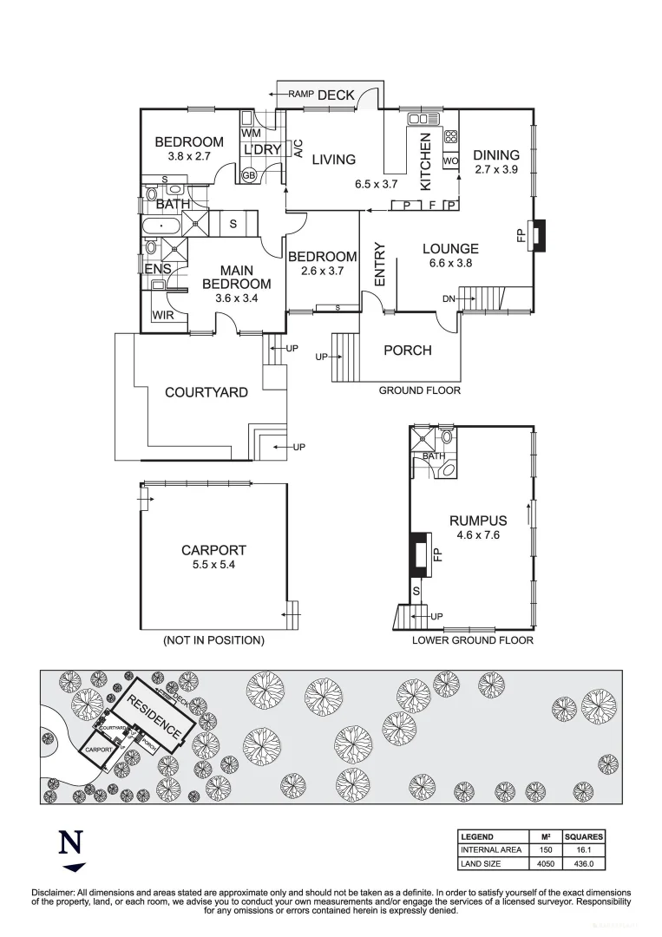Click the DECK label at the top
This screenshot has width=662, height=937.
coord(336,95)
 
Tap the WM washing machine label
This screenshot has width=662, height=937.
coord(251,133)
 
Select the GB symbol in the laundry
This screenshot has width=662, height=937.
coord(249,175)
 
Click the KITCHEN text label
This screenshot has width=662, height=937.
coord(426,162)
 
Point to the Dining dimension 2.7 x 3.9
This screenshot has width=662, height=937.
coord(496,170)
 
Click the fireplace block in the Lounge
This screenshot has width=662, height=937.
coord(538,235)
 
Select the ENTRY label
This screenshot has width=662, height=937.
coord(379,263)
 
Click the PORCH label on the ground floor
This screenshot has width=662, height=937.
coord(408,350)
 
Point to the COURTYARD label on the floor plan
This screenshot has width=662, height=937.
coord(206,392)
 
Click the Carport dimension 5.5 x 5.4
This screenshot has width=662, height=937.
coord(213,565)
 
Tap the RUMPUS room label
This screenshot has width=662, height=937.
coord(477,521)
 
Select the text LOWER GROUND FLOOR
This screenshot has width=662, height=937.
coord(473,640)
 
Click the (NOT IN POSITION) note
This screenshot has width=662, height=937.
coord(213,640)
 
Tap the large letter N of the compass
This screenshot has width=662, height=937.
coord(71,843)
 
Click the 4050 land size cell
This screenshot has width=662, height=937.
coord(546,863)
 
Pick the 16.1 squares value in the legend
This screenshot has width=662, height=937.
coord(583,850)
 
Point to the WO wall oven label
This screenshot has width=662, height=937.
coord(450,161)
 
